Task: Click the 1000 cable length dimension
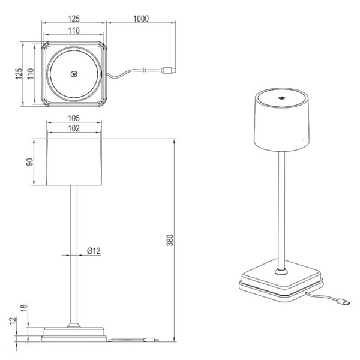141,19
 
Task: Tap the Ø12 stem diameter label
92,251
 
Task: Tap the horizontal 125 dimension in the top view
74,19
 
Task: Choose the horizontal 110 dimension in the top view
74,29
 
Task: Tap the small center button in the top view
74,74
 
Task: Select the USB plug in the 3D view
341,302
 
